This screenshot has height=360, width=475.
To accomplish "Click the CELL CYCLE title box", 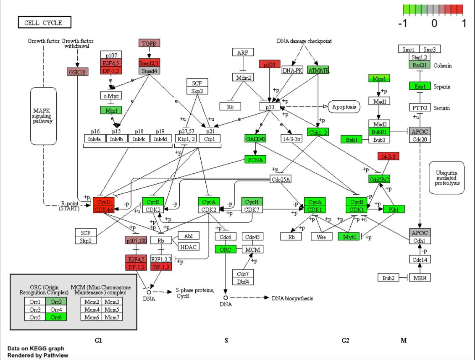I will click(x=44, y=23).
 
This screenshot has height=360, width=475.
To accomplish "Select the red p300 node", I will click(x=270, y=64).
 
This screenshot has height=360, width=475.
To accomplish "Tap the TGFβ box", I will click(x=150, y=43).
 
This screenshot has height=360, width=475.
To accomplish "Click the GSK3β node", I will click(x=77, y=72).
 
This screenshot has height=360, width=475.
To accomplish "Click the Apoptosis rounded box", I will click(x=344, y=107).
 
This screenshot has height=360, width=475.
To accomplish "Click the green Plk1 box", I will click(x=394, y=209).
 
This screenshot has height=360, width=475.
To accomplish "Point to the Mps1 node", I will click(x=379, y=78).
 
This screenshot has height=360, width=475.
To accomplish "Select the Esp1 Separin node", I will click(x=420, y=86).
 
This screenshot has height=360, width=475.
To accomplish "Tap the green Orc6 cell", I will click(x=57, y=317).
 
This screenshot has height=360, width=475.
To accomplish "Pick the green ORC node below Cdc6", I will click(x=226, y=249).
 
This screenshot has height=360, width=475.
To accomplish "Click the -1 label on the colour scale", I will click(x=402, y=23).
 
